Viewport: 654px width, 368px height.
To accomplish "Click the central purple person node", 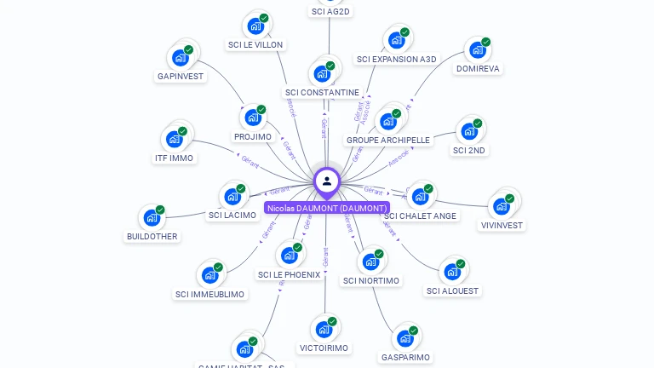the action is click(x=327, y=181).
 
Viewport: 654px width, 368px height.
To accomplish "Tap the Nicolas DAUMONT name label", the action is click(x=327, y=208).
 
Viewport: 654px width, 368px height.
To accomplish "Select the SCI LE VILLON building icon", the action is click(x=255, y=26).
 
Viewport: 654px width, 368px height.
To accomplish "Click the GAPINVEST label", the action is click(x=181, y=76).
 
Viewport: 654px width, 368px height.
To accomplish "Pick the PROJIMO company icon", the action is click(x=252, y=118).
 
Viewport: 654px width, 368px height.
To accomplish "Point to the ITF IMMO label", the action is click(x=174, y=158).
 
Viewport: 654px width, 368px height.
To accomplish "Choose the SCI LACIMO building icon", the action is click(x=232, y=196).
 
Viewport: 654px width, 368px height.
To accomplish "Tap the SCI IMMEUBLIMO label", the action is click(x=209, y=294).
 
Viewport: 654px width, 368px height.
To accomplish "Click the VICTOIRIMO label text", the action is click(x=324, y=348).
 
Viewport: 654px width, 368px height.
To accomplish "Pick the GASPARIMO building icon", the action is click(x=404, y=338).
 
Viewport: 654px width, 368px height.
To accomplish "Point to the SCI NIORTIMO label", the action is click(x=371, y=280).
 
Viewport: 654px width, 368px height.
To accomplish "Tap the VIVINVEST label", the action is click(x=502, y=226).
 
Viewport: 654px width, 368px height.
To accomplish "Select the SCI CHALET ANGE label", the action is click(x=421, y=216).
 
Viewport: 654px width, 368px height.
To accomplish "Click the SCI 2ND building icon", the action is click(x=468, y=131).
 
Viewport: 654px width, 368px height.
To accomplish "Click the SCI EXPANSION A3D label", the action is click(x=396, y=59).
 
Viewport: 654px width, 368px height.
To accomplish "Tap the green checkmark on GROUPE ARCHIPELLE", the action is click(x=396, y=113).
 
